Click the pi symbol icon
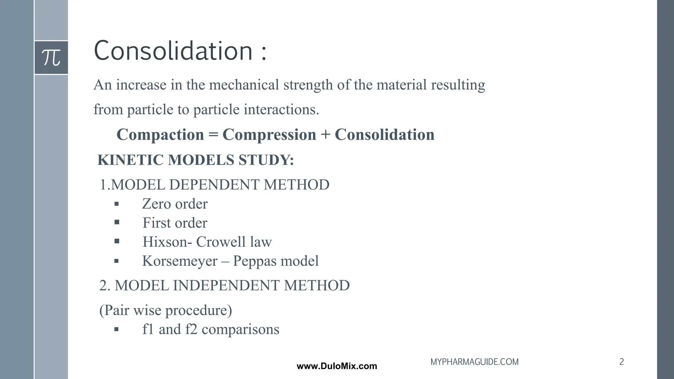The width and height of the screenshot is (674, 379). pos(51,58)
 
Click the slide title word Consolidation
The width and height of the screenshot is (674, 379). pos(173,51)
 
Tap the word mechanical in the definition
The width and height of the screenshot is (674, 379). pos(244,85)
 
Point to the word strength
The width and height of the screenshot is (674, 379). pos(308,85)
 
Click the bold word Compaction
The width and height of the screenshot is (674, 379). pos(160,135)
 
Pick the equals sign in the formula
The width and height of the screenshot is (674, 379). pos(213,135)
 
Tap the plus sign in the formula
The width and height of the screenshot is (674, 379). pos(325,135)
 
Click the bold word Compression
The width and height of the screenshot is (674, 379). pos(269,135)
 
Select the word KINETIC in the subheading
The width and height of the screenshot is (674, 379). pos(131,160)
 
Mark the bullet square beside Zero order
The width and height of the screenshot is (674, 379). pos(117,204)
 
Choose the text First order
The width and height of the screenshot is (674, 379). pos(175,223)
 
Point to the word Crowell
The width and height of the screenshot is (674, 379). pos(221,242)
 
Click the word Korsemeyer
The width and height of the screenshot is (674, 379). pos(180,261)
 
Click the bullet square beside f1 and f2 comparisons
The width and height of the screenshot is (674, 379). pos(117,329)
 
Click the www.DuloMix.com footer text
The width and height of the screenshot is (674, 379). pos(337,366)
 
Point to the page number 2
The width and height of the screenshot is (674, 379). pos(621,362)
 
